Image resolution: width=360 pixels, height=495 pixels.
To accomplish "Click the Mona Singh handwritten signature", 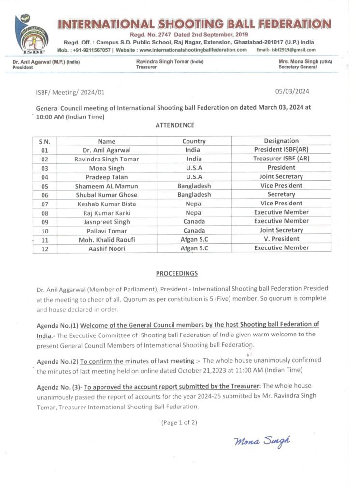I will point(262,440).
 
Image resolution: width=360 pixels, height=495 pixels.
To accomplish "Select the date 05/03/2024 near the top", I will point(291,91).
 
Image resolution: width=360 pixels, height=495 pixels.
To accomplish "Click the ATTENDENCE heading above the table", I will point(175,125).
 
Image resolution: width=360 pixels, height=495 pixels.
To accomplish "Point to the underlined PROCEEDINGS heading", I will point(177,273).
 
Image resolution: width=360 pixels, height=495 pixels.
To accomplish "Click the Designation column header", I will point(281,141).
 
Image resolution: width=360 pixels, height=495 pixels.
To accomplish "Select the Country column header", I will point(194,141).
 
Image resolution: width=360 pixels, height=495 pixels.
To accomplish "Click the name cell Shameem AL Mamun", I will point(106,186).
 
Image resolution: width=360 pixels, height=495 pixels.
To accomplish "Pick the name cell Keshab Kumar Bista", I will point(106,204).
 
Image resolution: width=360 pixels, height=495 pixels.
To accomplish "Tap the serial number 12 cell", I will point(45,248).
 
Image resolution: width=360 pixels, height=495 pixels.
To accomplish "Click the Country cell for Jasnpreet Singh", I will point(194,221).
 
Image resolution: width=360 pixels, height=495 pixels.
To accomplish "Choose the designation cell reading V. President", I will point(281,239).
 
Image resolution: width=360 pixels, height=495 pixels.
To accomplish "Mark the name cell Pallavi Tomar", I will point(106,230).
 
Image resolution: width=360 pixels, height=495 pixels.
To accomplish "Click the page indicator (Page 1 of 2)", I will point(179,422).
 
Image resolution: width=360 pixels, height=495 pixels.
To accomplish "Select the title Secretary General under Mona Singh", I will point(298,67).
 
